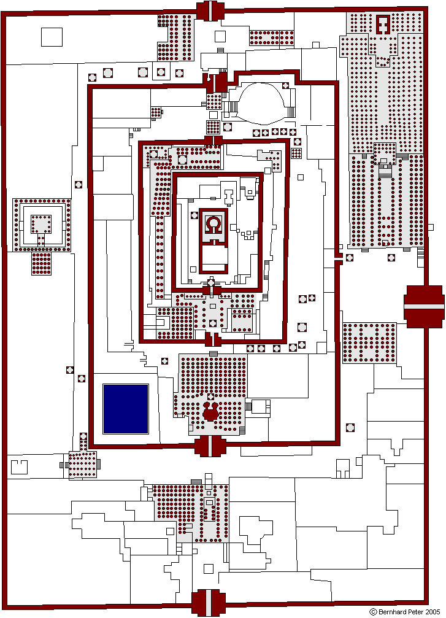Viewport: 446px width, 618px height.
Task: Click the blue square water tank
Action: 126,409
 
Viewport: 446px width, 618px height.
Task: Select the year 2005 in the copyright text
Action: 433,612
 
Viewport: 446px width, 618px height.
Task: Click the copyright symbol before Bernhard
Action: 374,612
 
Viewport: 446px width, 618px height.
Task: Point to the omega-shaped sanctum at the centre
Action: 213,223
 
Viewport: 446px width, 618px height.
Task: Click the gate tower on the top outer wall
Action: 210,10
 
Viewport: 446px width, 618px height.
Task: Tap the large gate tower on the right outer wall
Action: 424,307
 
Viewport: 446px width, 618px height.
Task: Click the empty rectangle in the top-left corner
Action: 52,37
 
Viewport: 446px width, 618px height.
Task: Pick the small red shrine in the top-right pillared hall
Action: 382,25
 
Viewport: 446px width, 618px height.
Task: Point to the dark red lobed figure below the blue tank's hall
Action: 210,411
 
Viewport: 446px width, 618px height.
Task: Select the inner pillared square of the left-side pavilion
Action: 41,224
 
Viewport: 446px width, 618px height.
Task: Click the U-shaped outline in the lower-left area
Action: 19,466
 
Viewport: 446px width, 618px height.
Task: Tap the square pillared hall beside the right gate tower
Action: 369,343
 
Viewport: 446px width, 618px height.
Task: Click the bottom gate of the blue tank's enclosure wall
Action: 210,446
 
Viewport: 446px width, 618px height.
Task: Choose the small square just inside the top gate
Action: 220,36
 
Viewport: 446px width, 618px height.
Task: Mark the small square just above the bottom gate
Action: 208,568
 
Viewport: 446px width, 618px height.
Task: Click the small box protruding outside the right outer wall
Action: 431,228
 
